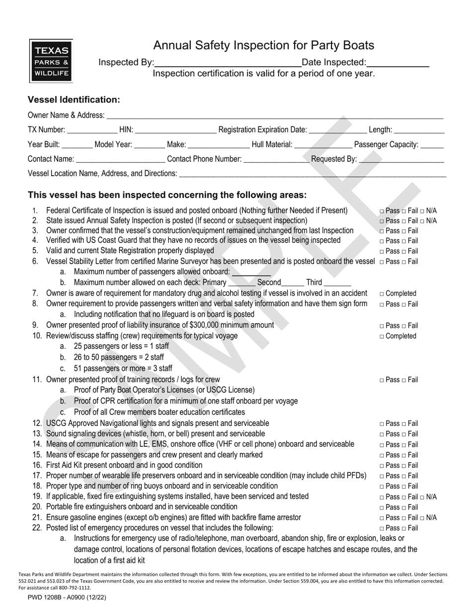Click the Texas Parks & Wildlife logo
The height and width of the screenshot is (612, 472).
(x=51, y=61)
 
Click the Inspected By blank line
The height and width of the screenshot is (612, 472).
(x=228, y=64)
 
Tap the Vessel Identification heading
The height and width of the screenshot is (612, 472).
(x=74, y=100)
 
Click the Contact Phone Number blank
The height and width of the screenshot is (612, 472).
(x=276, y=160)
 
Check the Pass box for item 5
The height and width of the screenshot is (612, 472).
(x=382, y=251)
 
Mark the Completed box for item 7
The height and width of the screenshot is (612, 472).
(x=382, y=294)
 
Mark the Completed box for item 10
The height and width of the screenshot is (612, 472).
(x=382, y=336)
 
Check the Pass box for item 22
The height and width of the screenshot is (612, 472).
(x=382, y=528)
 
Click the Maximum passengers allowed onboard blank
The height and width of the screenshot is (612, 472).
(x=251, y=273)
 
